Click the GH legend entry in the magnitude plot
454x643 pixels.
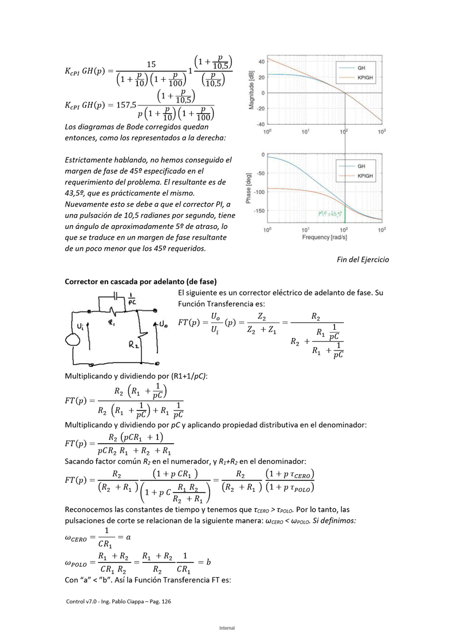click(361, 68)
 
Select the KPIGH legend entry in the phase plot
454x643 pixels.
click(365, 175)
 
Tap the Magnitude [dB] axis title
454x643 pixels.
click(251, 90)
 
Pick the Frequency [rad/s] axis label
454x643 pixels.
click(324, 237)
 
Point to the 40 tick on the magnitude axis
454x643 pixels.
click(260, 62)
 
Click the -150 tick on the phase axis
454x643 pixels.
click(258, 211)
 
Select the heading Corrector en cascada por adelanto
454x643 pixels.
click(141, 282)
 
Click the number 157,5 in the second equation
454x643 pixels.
click(126, 105)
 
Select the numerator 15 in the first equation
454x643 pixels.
click(151, 64)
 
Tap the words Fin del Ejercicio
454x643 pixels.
click(362, 259)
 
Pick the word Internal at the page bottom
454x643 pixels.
click(227, 628)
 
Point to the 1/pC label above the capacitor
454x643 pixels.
click(131, 299)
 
